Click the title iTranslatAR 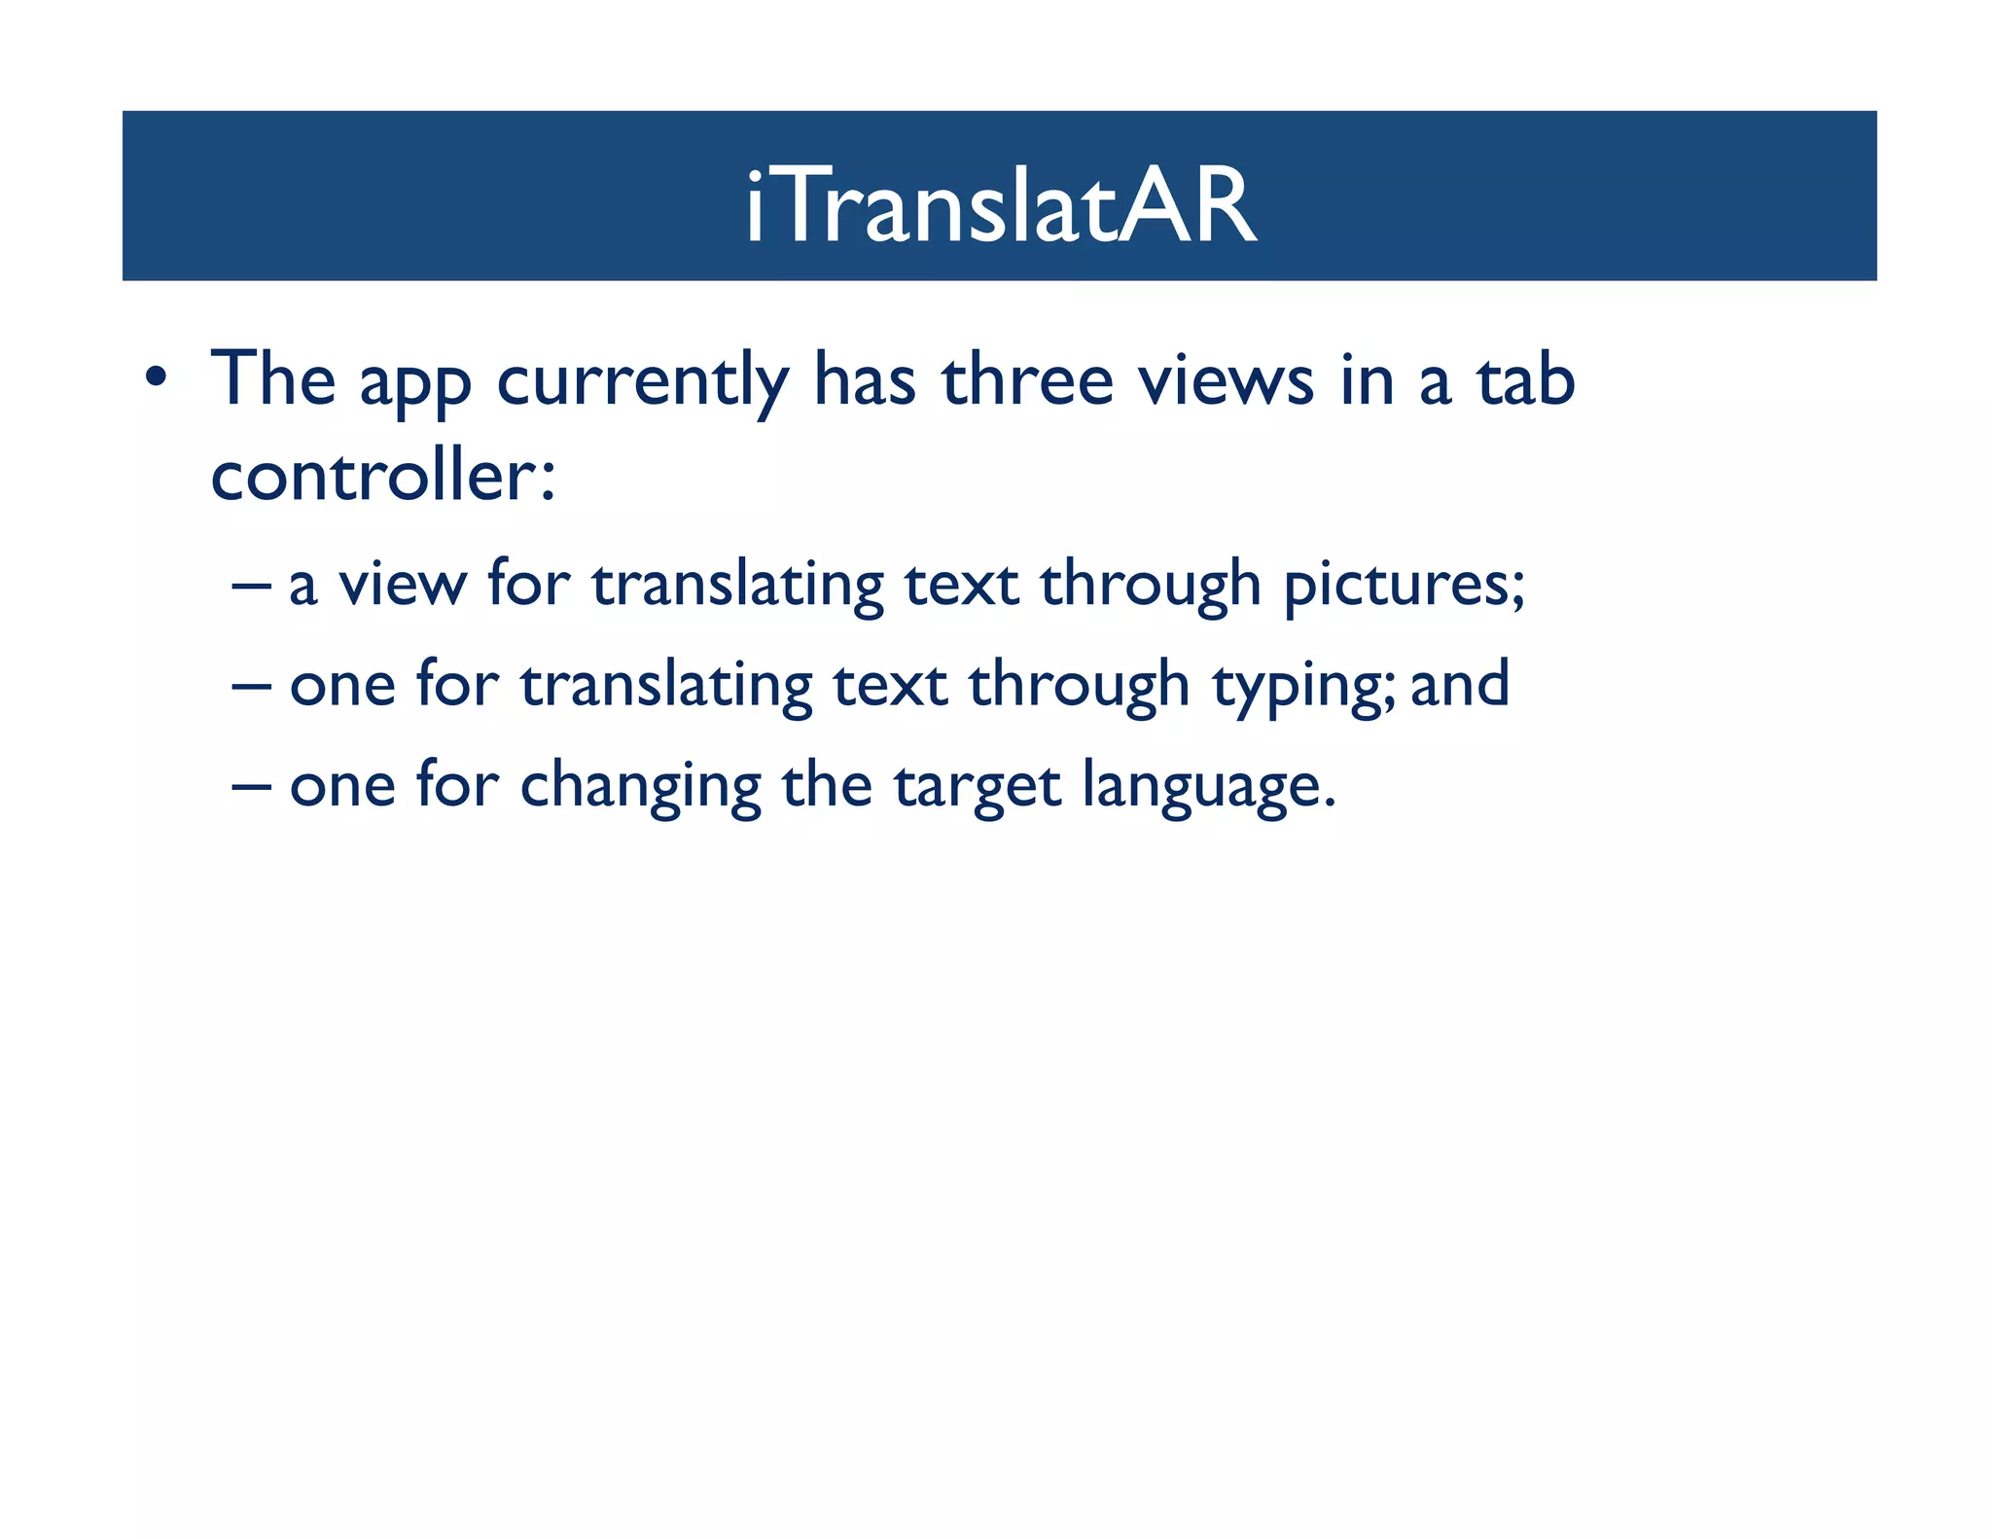pyautogui.click(x=1001, y=205)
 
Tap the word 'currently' pyautogui.click(x=642, y=381)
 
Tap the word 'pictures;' pyautogui.click(x=1404, y=586)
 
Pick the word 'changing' pyautogui.click(x=640, y=786)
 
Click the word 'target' pyautogui.click(x=977, y=786)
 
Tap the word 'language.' pyautogui.click(x=1209, y=786)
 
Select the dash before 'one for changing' pyautogui.click(x=251, y=786)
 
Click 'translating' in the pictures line pyautogui.click(x=737, y=586)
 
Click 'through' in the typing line pyautogui.click(x=1079, y=686)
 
